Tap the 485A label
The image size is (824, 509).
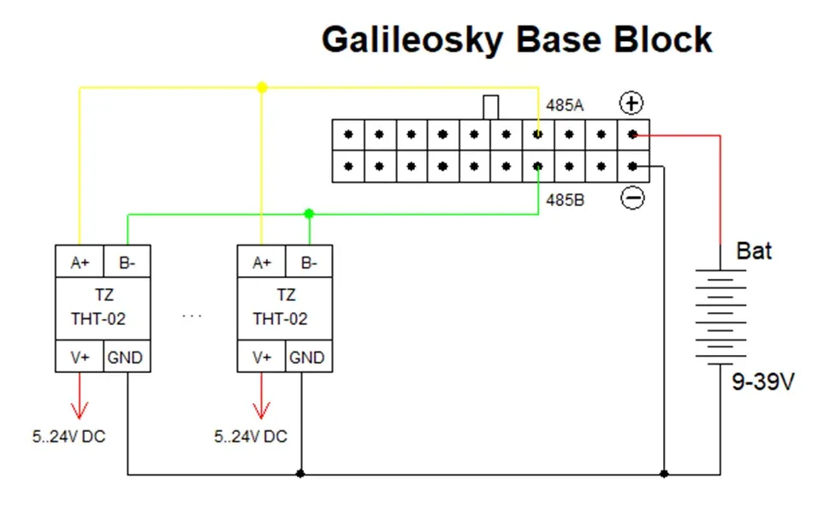[565, 105]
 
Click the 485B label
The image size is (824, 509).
[565, 200]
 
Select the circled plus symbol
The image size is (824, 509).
[631, 103]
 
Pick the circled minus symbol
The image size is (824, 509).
[632, 198]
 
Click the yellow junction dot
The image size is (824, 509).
[262, 87]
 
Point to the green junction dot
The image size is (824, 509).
[309, 213]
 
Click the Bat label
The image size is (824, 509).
[754, 252]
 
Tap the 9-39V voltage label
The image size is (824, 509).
[763, 382]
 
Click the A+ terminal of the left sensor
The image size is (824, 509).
[80, 261]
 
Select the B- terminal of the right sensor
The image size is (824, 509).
[309, 261]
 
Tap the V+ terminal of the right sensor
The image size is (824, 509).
[262, 357]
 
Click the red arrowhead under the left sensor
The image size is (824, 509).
[80, 411]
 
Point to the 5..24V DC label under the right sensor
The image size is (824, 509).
[251, 436]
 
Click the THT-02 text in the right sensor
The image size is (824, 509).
[280, 319]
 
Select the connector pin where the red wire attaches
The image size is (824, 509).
[632, 134]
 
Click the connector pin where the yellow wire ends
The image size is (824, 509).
[537, 134]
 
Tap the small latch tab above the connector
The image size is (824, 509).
[491, 107]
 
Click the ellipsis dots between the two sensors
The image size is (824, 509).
[192, 316]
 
